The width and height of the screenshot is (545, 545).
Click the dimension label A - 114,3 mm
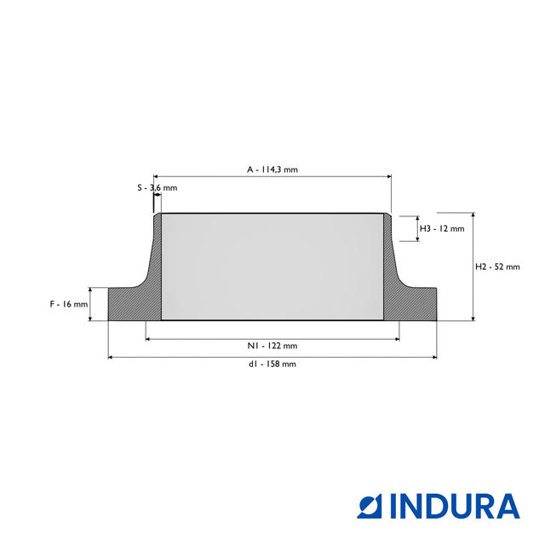point(272,169)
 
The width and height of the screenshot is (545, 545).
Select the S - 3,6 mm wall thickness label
point(157,187)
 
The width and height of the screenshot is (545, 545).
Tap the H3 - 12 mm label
point(442,228)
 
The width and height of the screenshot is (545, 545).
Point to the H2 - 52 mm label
point(497,267)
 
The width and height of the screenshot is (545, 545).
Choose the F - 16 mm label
point(69,304)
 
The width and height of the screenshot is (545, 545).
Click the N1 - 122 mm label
point(272,346)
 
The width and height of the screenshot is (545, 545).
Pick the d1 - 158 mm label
point(272,364)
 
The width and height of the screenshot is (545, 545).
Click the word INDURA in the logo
point(455,506)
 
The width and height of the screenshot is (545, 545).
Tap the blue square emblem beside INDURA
point(370,507)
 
